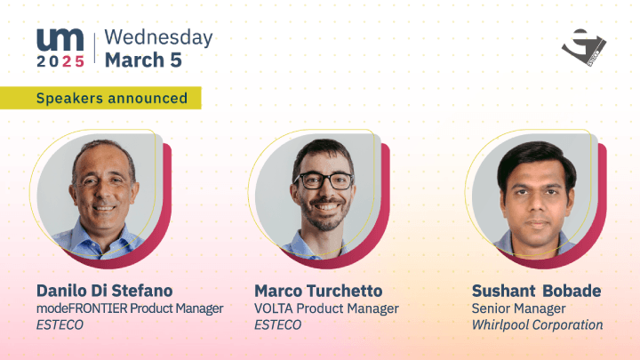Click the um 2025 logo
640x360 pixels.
pyautogui.click(x=60, y=48)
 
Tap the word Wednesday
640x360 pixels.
pyautogui.click(x=158, y=37)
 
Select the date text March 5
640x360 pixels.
pyautogui.click(x=143, y=60)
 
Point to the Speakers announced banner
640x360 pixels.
pyautogui.click(x=100, y=98)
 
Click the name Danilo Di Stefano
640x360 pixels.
pyautogui.click(x=105, y=291)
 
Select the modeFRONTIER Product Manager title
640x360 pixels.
pyautogui.click(x=130, y=308)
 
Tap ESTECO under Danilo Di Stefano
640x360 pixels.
pyautogui.click(x=60, y=325)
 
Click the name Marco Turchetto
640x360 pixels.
pyautogui.click(x=318, y=291)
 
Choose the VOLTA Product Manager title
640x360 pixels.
pyautogui.click(x=326, y=308)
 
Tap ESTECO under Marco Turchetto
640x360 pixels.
pyautogui.click(x=278, y=325)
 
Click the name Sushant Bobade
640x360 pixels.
pyautogui.click(x=536, y=291)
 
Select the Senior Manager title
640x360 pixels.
pyautogui.click(x=519, y=308)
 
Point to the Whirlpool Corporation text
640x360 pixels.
pyautogui.click(x=537, y=325)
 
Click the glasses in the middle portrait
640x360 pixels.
pyautogui.click(x=324, y=180)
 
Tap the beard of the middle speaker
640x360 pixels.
pyautogui.click(x=324, y=215)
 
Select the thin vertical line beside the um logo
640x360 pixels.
pyautogui.click(x=95, y=48)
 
